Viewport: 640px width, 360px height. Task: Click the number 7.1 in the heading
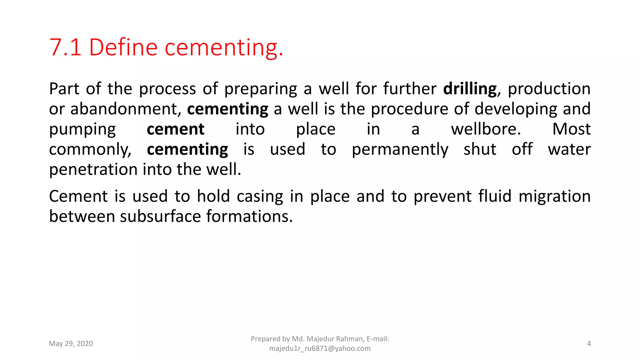click(65, 47)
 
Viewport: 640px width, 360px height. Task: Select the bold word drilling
click(470, 89)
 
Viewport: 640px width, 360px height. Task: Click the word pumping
click(82, 129)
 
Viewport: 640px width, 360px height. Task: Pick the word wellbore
click(486, 129)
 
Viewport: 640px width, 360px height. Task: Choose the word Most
click(571, 129)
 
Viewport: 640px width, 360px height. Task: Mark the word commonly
click(90, 149)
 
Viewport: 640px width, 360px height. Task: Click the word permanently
click(400, 149)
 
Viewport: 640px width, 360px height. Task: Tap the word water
click(569, 149)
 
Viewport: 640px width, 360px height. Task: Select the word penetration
click(93, 169)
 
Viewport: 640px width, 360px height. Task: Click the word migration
click(554, 197)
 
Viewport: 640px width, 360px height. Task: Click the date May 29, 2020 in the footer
click(71, 344)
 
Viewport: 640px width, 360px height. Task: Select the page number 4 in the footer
click(589, 344)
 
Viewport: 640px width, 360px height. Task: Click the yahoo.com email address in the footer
click(320, 348)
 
